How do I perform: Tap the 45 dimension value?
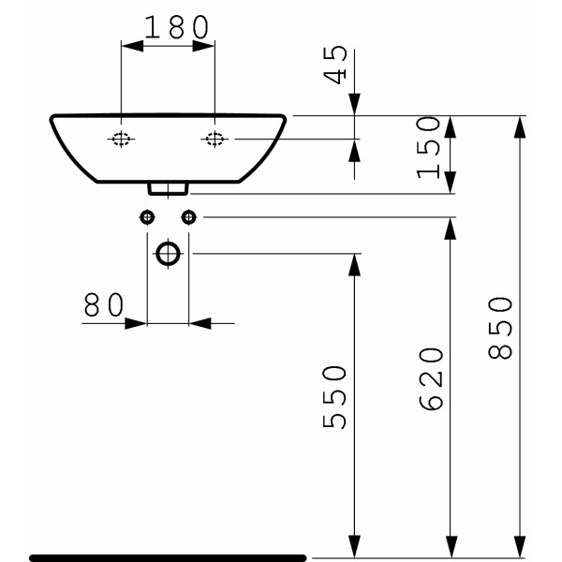[x=338, y=66]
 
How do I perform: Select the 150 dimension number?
[x=429, y=147]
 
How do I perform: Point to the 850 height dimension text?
[x=501, y=328]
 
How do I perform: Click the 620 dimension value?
[x=430, y=378]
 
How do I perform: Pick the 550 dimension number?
[x=335, y=397]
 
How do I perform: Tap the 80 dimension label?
[x=103, y=304]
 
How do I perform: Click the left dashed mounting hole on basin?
[x=122, y=140]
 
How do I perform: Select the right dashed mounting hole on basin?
[x=214, y=140]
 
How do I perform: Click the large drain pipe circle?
[x=169, y=253]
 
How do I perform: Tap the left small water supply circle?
[x=147, y=217]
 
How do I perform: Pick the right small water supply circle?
[x=189, y=217]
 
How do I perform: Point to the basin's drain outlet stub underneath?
[x=169, y=189]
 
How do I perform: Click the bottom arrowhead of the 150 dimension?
[x=450, y=183]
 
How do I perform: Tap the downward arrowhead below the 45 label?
[x=355, y=105]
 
